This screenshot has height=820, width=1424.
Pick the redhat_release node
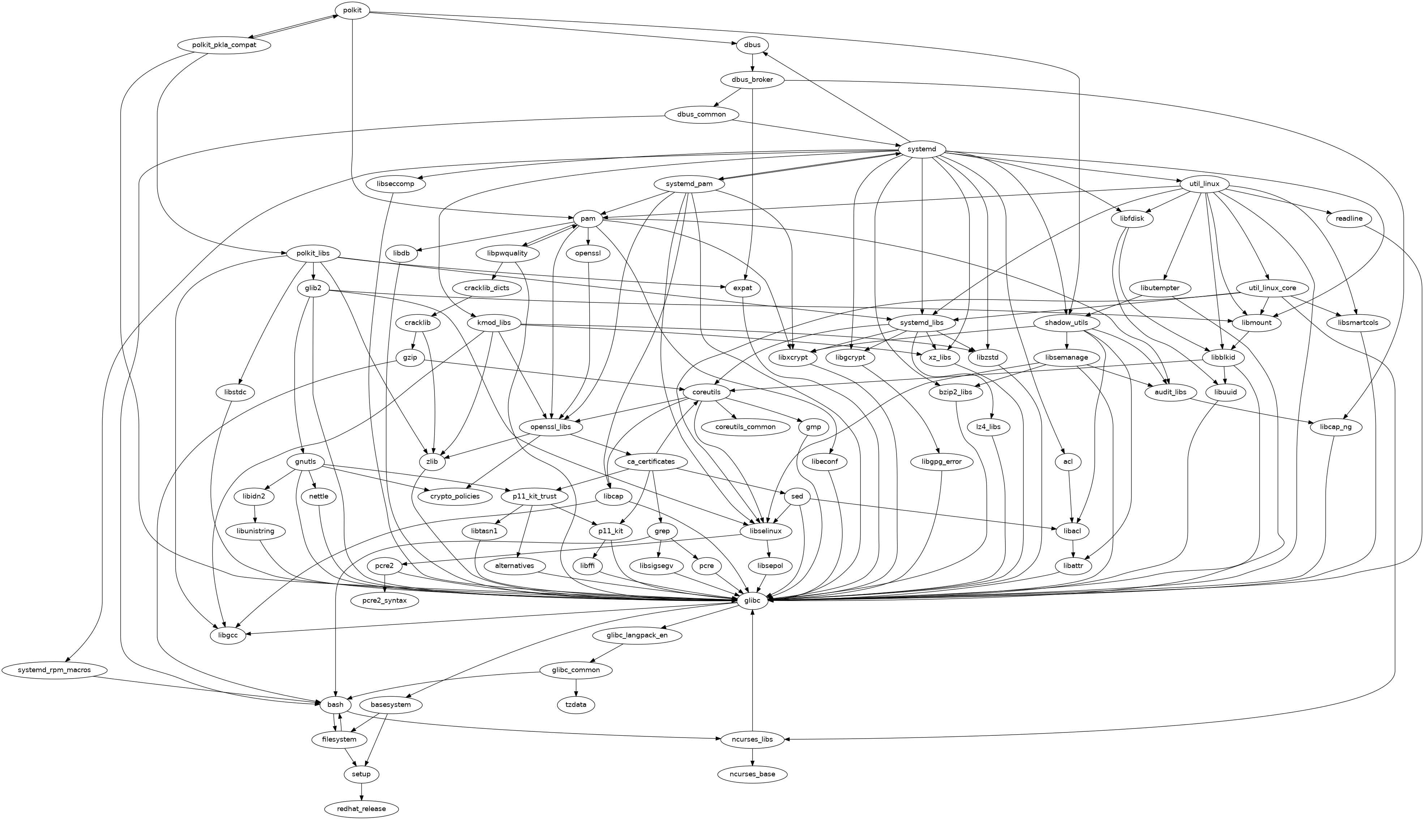(x=362, y=809)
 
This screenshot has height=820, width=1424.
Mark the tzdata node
(x=576, y=705)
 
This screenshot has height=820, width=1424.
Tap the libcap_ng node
(x=1339, y=427)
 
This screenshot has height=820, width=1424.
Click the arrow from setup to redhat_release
(x=362, y=791)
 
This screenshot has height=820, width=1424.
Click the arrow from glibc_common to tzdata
(x=576, y=687)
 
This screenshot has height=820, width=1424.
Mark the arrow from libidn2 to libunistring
(x=256, y=514)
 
